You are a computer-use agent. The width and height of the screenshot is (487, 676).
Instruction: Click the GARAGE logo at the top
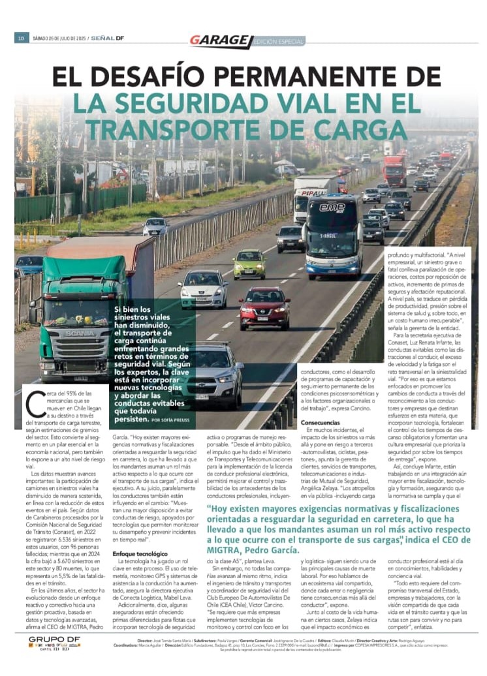pyautogui.click(x=220, y=40)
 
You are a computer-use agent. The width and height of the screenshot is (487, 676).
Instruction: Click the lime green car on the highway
pyautogui.click(x=250, y=264)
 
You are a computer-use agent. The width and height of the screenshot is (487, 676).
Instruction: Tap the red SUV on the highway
pyautogui.click(x=264, y=307)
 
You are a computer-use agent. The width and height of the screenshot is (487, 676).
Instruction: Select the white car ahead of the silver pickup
pyautogui.click(x=203, y=288)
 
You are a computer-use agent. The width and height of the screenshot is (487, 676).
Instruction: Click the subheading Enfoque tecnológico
pyautogui.click(x=140, y=553)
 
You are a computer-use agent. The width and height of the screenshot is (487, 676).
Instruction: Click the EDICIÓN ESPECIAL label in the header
pyautogui.click(x=278, y=41)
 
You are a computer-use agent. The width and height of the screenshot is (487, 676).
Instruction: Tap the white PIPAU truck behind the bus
pyautogui.click(x=311, y=196)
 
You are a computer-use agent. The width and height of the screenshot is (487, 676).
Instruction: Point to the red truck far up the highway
pyautogui.click(x=394, y=170)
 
